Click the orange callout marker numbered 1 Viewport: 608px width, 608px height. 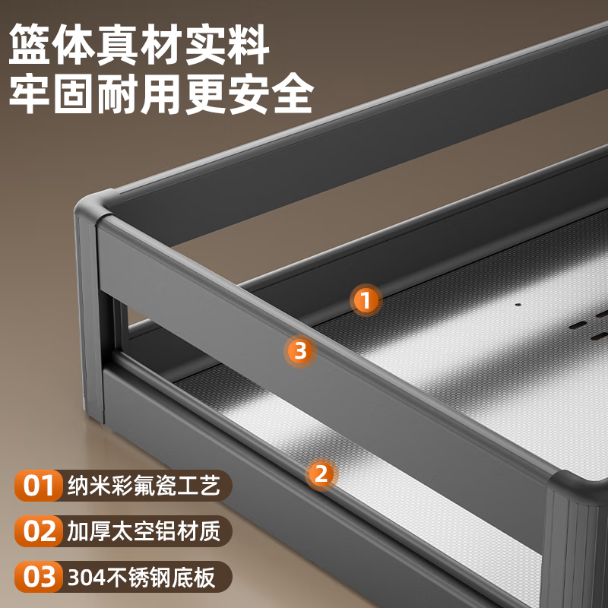coord(366,300)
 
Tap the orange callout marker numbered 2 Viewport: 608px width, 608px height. coord(321,474)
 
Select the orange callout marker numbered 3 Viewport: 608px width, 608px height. coord(300,350)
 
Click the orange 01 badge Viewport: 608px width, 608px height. coord(37,486)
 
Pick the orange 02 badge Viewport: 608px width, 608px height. coord(37,530)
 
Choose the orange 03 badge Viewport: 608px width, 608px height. coord(37,576)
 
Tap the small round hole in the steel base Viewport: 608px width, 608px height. coord(518,306)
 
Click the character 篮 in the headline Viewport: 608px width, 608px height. coord(30,45)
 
